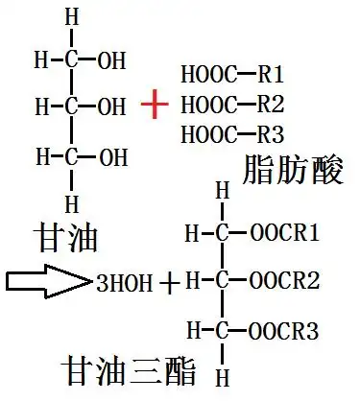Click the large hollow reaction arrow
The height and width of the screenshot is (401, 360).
47,282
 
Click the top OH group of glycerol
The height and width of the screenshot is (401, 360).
111,62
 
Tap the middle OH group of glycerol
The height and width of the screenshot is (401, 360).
111,104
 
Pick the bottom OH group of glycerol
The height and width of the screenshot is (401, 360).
111,153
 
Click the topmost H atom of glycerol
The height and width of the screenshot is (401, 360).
71,18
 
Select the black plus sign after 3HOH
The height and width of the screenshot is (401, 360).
170,283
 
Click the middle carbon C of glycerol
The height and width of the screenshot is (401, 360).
71,104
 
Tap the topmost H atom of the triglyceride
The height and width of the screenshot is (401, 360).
223,192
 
